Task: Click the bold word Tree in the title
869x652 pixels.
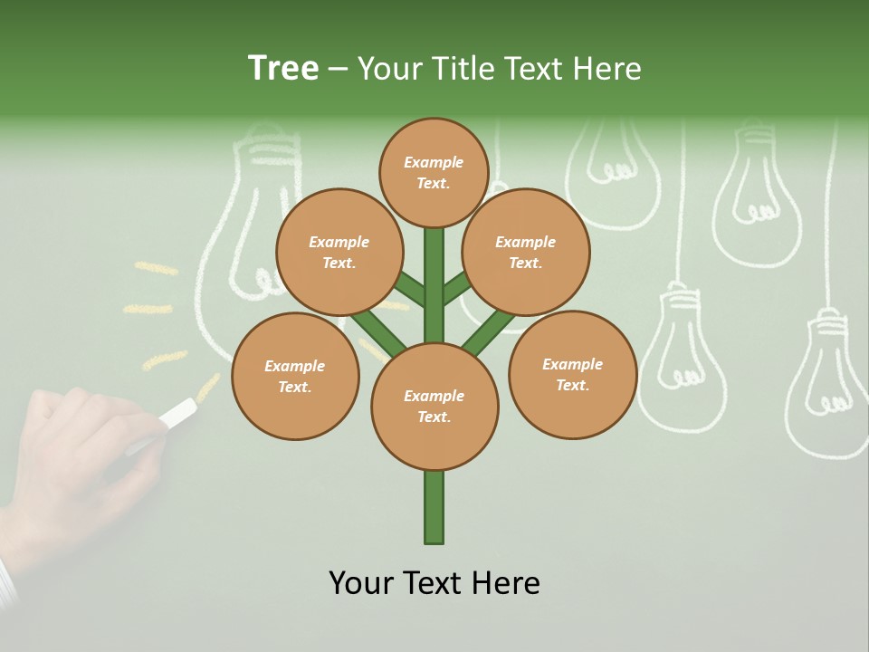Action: (283, 69)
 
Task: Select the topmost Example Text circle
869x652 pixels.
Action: (434, 172)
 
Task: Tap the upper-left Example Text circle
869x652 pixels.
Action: (339, 252)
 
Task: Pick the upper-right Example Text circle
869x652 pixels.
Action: (526, 252)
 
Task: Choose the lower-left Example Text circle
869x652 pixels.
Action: (295, 376)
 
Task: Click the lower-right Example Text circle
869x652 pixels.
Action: (572, 374)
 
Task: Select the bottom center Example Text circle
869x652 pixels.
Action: (434, 406)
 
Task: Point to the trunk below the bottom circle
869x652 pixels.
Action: (434, 507)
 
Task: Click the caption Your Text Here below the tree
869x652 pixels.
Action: (434, 583)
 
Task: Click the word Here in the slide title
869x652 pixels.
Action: (607, 69)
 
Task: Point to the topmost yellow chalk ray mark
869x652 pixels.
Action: (156, 268)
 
